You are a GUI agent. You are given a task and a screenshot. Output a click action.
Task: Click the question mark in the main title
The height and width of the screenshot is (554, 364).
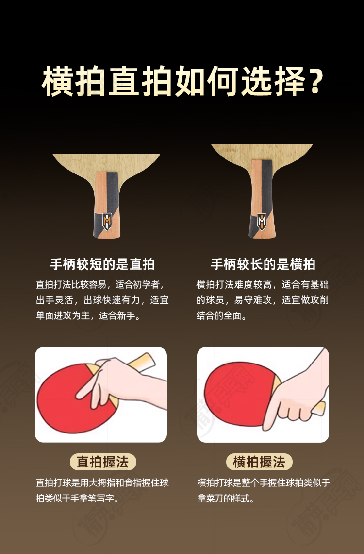pyautogui.click(x=313, y=81)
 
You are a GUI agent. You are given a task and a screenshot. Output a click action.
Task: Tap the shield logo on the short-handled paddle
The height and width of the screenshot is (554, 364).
pyautogui.click(x=107, y=221)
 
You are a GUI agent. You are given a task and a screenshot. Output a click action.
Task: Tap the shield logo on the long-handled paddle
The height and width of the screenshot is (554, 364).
pyautogui.click(x=262, y=222)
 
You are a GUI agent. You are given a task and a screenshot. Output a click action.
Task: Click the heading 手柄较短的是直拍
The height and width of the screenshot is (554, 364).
pyautogui.click(x=102, y=264)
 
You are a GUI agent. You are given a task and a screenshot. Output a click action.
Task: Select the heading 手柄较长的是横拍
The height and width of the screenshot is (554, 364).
pyautogui.click(x=263, y=264)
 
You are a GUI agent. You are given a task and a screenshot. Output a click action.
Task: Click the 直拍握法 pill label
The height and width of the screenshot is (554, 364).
pyautogui.click(x=102, y=462)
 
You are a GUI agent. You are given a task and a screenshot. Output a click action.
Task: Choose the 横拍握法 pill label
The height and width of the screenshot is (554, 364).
pyautogui.click(x=259, y=462)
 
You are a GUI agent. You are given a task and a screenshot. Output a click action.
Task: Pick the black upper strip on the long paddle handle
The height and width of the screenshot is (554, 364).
pyautogui.click(x=267, y=187)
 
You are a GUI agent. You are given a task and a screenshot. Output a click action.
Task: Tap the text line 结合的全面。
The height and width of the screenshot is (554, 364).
pyautogui.click(x=221, y=315)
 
